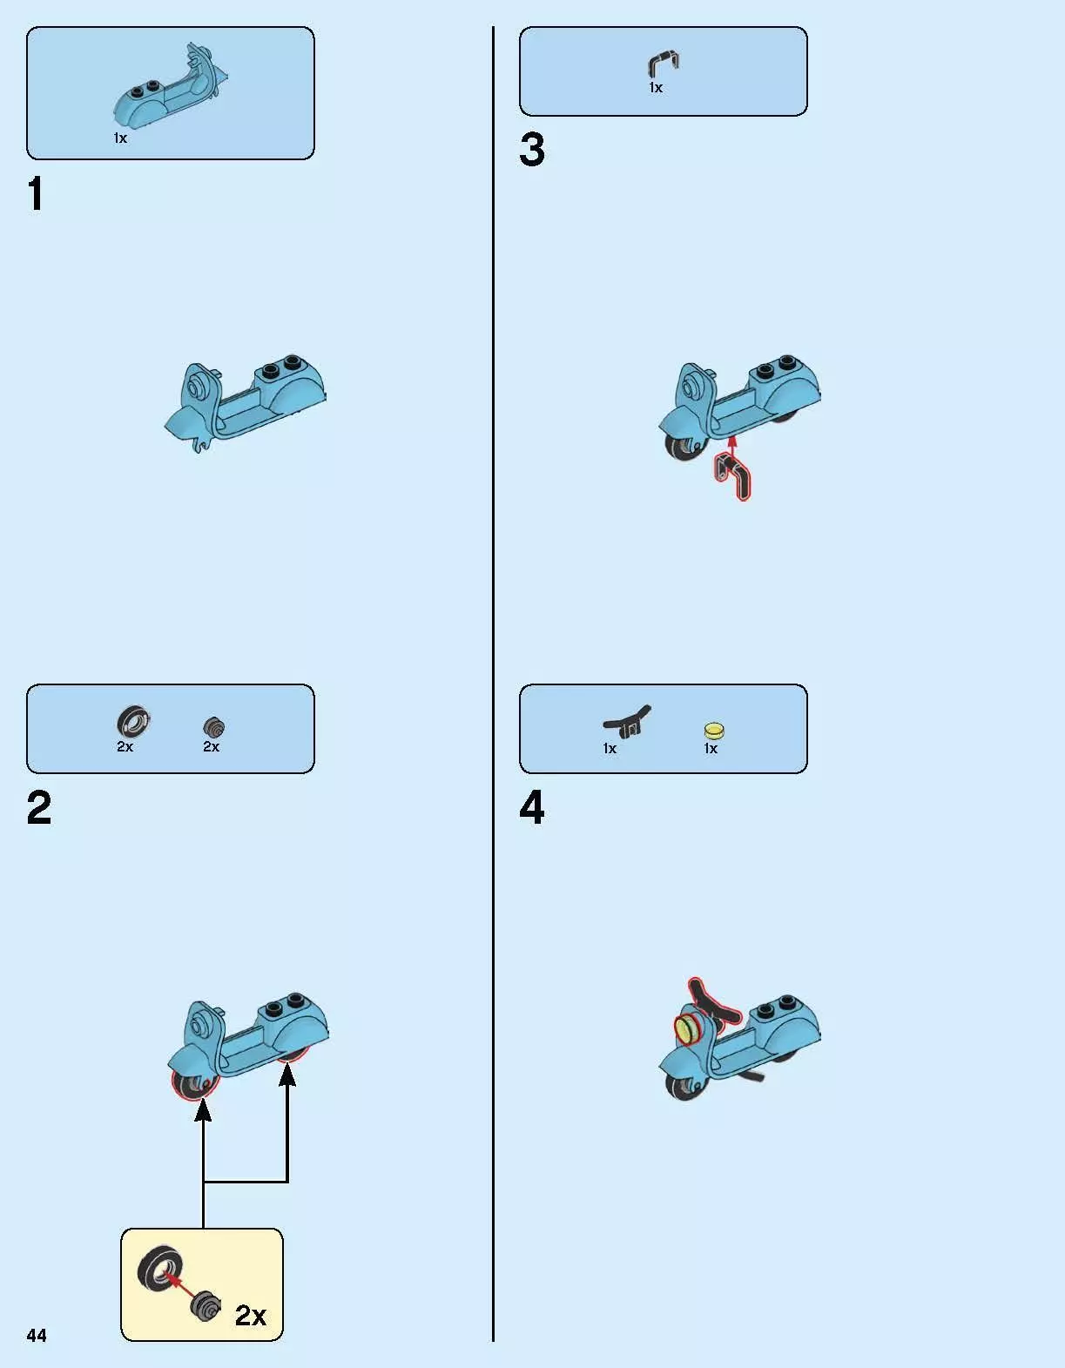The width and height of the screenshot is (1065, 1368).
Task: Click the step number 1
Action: pos(35,193)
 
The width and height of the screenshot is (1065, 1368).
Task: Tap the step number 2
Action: pos(39,807)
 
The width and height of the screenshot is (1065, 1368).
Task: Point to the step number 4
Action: pos(532,807)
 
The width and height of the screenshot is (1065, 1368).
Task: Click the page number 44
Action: pos(37,1335)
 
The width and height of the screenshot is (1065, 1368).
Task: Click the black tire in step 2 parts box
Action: pos(133,722)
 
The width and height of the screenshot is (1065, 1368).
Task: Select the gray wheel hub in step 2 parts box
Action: pos(214,727)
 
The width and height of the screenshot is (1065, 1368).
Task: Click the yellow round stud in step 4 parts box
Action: pos(714,731)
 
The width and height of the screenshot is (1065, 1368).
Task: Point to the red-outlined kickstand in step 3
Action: pos(735,476)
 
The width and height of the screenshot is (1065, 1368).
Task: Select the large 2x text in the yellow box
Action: pos(251,1315)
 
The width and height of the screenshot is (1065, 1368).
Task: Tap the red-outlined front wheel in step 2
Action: pos(193,1085)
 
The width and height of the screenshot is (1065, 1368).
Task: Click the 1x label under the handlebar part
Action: pos(610,749)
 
